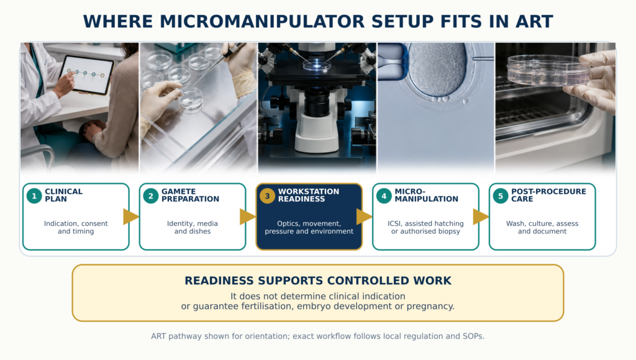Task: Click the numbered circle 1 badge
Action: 34,196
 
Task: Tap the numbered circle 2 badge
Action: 151,196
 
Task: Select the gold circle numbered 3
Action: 267,196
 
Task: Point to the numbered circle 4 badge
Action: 384,196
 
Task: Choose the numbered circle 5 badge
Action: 501,196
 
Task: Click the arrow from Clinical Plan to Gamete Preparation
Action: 130,217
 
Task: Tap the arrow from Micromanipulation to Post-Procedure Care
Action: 481,217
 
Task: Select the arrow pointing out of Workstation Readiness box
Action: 364,217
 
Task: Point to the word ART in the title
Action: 534,22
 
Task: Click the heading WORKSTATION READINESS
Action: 308,195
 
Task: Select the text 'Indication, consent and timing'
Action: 76,227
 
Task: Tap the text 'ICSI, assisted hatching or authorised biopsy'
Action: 425,227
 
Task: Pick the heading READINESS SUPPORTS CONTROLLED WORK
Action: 318,281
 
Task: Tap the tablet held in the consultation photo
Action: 86,74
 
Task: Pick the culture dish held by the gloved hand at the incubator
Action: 548,70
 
